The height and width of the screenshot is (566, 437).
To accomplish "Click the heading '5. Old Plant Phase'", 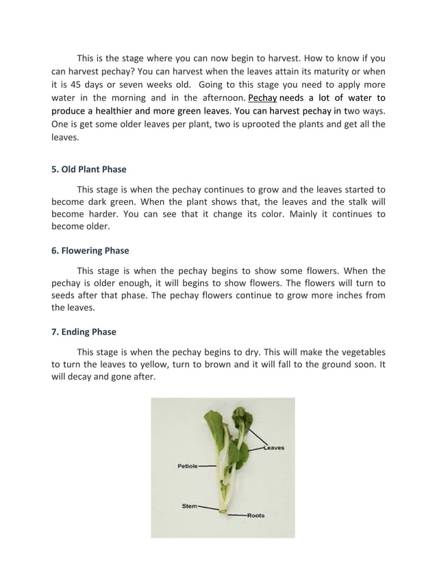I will point(89,169).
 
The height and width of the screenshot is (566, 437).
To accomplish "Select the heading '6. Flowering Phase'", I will point(90,251).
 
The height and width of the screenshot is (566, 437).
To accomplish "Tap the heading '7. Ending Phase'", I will point(84,332).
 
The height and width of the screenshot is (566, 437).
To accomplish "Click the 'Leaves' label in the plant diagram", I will point(274,448).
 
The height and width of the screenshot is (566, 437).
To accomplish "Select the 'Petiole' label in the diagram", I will point(187,466).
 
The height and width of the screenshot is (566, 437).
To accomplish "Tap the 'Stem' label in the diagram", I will point(189,506).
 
